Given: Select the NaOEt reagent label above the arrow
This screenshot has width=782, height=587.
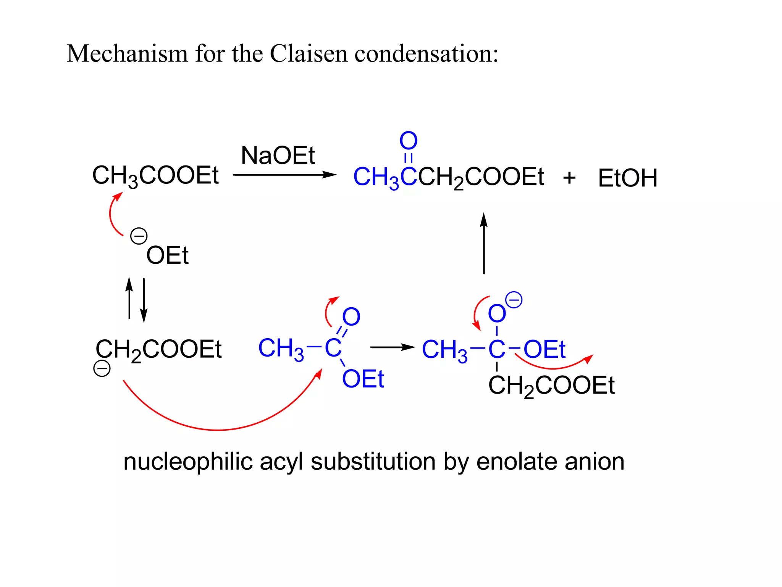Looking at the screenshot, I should point(278,156).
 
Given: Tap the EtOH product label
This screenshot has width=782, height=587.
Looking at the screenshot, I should point(627,178).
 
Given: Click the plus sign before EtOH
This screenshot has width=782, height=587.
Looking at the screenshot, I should point(569,178).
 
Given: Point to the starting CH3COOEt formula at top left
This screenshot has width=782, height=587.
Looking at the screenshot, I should point(155,176).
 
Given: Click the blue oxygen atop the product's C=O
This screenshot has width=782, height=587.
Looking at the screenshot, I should point(408,141).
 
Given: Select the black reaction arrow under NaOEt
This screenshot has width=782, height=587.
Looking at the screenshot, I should point(284,175).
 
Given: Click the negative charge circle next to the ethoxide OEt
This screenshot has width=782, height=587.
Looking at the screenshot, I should point(139,236).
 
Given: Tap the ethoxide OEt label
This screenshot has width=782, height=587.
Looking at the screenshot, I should point(167,255).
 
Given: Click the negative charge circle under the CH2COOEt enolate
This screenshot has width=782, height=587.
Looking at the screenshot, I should point(102,368).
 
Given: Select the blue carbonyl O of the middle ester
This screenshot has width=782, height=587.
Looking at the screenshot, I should point(351,316).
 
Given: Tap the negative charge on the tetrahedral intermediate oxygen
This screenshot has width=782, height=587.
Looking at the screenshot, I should point(514,300).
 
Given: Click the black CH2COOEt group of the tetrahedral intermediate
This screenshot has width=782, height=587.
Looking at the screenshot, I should point(551,385).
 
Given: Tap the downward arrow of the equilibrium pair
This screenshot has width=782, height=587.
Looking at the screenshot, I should point(144,300).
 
